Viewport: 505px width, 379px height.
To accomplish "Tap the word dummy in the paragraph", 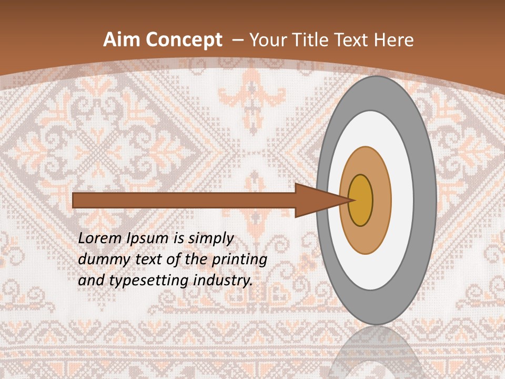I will click(100, 260).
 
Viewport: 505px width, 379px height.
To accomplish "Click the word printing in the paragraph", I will click(239, 260).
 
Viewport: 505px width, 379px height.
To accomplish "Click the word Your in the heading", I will click(269, 40).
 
